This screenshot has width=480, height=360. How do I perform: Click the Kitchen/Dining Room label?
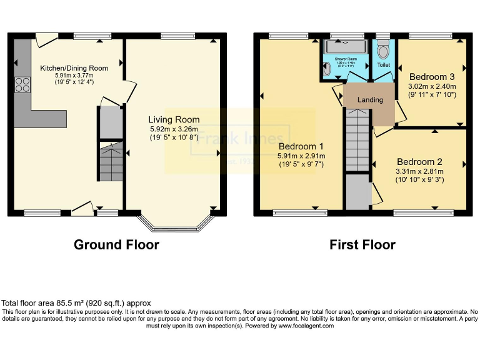(x=74, y=68)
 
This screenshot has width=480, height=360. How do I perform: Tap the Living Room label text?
(x=174, y=119)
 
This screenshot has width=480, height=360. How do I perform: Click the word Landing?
(x=370, y=100)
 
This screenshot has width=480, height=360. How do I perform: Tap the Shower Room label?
(x=344, y=57)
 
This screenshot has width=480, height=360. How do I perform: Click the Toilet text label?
(x=383, y=64)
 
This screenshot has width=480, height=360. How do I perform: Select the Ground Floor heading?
(x=116, y=244)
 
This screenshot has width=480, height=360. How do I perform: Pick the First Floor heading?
(x=362, y=244)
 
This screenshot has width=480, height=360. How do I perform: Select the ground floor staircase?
(x=109, y=161)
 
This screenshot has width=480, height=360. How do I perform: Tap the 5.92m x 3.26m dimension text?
(x=174, y=131)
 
